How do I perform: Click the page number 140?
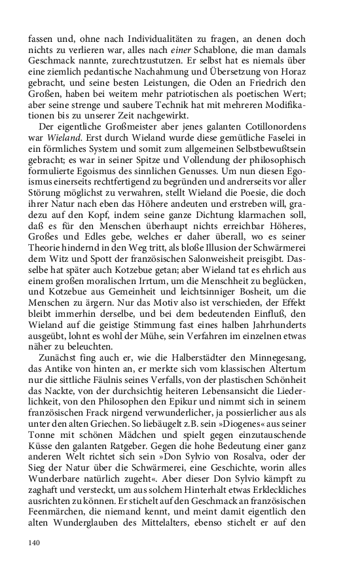tap(35, 543)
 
